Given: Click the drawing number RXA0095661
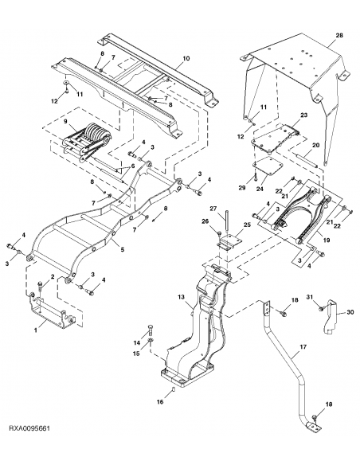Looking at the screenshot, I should [30, 451].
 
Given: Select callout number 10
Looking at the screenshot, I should [186, 59].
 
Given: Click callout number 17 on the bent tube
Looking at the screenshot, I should [303, 348].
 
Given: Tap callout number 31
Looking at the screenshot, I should [311, 298].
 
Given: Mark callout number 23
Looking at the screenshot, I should [303, 115].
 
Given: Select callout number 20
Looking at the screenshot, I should [315, 145].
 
